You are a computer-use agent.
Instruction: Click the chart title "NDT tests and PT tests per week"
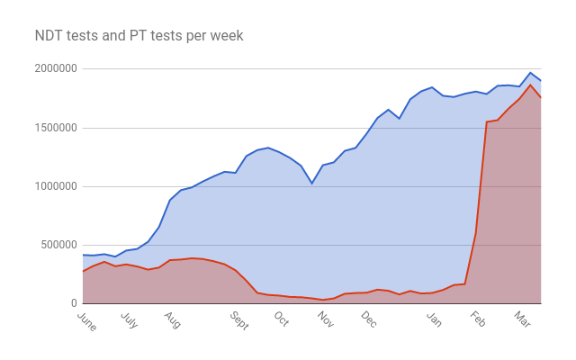[x=139, y=36]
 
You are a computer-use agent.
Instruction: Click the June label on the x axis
[x=87, y=321]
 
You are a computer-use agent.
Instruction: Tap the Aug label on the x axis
[x=172, y=320]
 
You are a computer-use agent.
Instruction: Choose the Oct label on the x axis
[x=281, y=320]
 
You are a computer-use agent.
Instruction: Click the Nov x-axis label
[x=325, y=320]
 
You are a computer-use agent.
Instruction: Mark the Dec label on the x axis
[x=368, y=320]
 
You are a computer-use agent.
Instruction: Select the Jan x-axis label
[x=434, y=320]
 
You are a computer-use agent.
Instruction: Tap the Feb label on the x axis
[x=477, y=320]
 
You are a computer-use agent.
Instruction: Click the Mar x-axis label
[x=520, y=320]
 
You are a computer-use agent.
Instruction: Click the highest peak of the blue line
[x=530, y=73]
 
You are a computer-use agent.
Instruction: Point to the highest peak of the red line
[x=530, y=85]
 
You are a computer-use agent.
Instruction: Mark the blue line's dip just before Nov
[x=312, y=184]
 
